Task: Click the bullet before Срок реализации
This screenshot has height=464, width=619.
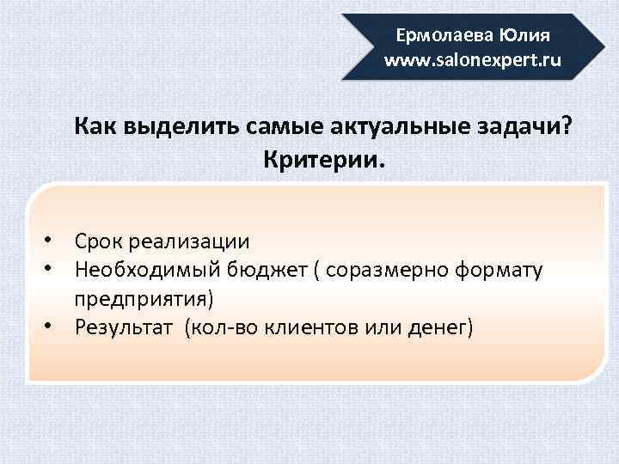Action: [x=52, y=240]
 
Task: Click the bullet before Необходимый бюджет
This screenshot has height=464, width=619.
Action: [x=52, y=269]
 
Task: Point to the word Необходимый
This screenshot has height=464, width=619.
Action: [x=148, y=271]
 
